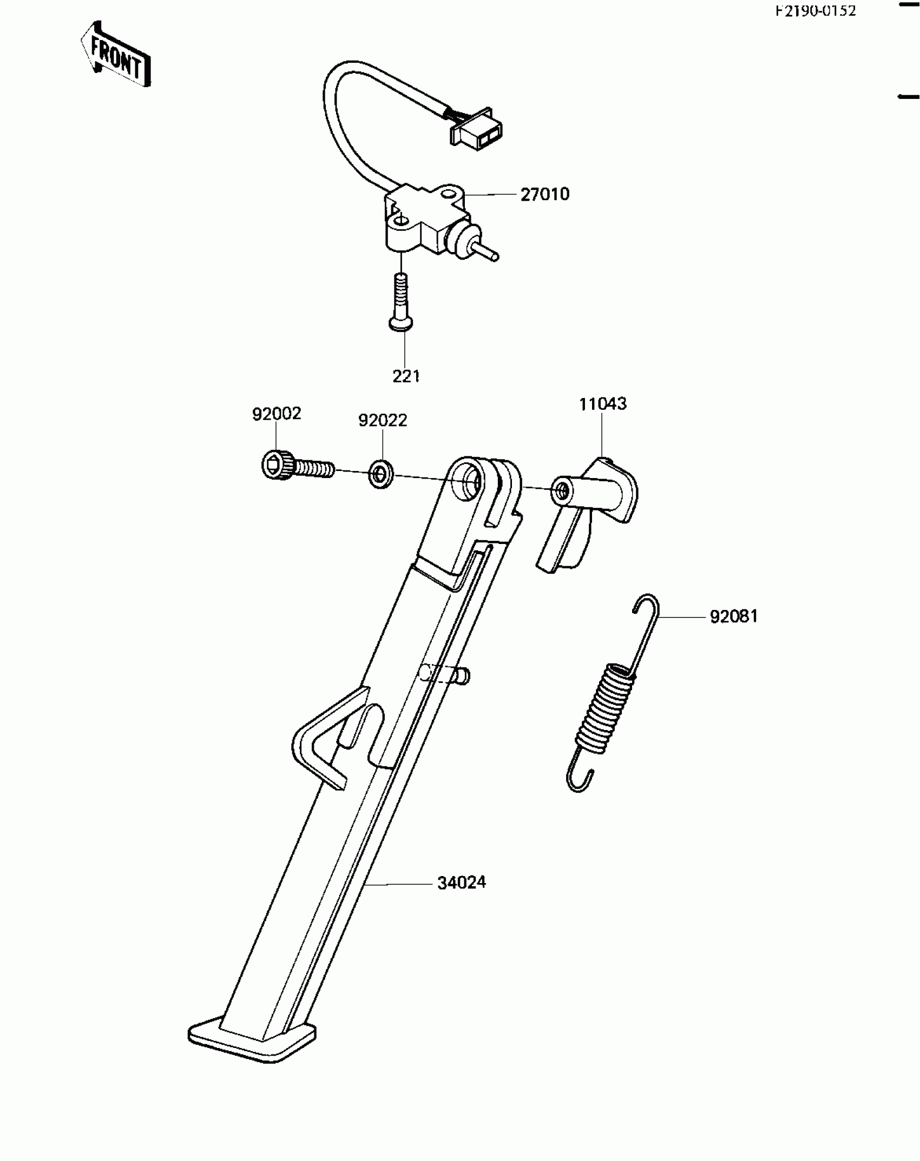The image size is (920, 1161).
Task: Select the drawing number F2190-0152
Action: (816, 10)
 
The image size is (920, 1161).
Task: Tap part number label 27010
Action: (544, 194)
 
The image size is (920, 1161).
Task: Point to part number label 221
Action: (406, 376)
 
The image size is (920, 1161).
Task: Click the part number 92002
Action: (276, 414)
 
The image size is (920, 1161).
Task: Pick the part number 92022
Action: (382, 420)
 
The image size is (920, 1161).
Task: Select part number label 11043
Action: (602, 404)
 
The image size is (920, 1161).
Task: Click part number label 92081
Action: (733, 616)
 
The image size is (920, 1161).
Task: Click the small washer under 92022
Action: (382, 474)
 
